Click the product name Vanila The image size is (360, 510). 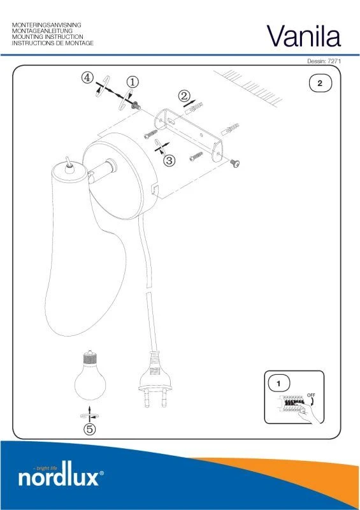[304, 36]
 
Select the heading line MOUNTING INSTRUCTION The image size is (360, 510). [48, 37]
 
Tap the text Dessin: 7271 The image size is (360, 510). [324, 61]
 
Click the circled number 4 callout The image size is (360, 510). [87, 78]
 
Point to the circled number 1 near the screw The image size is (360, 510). [133, 82]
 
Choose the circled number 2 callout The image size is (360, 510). [184, 96]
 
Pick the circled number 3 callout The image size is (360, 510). [169, 161]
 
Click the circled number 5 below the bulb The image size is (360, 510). [90, 429]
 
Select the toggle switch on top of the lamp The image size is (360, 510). [69, 164]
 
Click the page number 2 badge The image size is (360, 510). [320, 84]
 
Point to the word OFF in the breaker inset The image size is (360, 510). [311, 395]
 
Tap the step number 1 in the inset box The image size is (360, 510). [278, 384]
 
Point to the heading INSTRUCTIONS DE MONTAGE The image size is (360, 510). [53, 43]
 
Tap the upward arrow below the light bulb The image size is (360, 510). [90, 413]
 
